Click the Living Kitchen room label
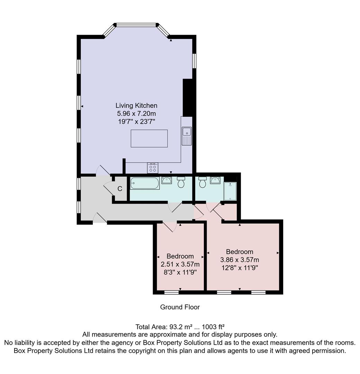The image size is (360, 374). [136, 106]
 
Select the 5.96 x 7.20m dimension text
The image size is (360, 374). [136, 114]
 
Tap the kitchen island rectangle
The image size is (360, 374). [149, 139]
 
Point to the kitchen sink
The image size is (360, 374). [187, 132]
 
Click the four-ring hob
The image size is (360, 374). [153, 168]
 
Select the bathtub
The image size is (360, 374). [145, 183]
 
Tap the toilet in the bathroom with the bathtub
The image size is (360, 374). [181, 182]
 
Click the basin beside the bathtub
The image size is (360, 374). [166, 180]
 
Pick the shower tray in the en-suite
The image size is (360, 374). [230, 191]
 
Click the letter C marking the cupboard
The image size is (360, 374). [120, 189]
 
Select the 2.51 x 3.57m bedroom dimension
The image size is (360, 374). [180, 264]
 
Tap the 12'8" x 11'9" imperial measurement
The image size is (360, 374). [240, 268]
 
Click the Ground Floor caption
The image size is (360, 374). [180, 307]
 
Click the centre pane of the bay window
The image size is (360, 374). [136, 25]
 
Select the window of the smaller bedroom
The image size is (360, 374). [171, 293]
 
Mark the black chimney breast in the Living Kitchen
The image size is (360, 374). [187, 98]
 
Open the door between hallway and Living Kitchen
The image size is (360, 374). [103, 170]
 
